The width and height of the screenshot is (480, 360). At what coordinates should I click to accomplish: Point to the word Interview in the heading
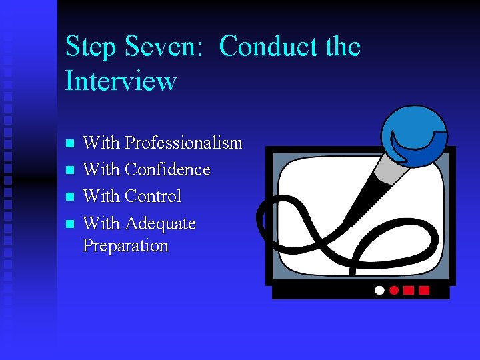click(x=121, y=81)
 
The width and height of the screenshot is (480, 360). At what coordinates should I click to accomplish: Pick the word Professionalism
click(x=183, y=143)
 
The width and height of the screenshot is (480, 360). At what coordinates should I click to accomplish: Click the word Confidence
click(x=167, y=170)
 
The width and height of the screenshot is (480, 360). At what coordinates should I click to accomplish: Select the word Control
click(x=153, y=197)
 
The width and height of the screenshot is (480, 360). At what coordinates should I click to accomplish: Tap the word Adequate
click(x=160, y=223)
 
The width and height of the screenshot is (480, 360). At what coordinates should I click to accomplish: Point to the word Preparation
click(x=125, y=245)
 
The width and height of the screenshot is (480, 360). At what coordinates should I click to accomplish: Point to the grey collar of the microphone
click(x=389, y=172)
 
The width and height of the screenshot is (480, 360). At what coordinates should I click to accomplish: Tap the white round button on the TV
click(x=380, y=291)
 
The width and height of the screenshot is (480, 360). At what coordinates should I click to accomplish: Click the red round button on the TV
click(x=394, y=291)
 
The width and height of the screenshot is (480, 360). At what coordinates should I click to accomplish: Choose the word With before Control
click(x=101, y=197)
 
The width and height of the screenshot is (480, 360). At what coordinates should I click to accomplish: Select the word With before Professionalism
click(x=101, y=143)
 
